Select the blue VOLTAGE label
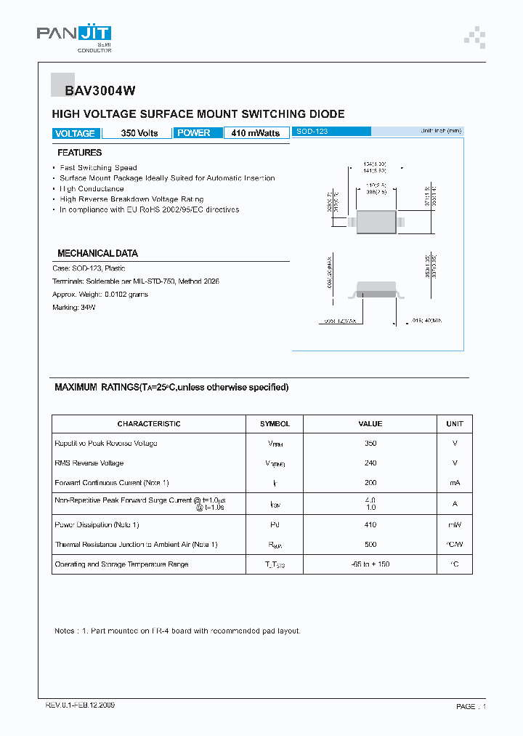pyautogui.click(x=75, y=133)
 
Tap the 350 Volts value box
pyautogui.click(x=139, y=133)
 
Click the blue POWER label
pyautogui.click(x=194, y=133)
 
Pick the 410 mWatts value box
pyautogui.click(x=255, y=133)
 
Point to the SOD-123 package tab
pyautogui.click(x=331, y=132)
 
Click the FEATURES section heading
pyautogui.click(x=79, y=153)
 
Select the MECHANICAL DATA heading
pyautogui.click(x=97, y=254)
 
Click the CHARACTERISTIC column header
pyautogui.click(x=149, y=424)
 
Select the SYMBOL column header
pyautogui.click(x=275, y=424)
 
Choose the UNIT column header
pyautogui.click(x=455, y=424)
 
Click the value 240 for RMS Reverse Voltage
pyautogui.click(x=370, y=463)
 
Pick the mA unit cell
pyautogui.click(x=455, y=483)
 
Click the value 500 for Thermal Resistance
pyautogui.click(x=370, y=545)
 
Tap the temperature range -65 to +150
pyautogui.click(x=370, y=564)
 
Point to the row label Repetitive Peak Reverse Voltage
pyautogui.click(x=106, y=444)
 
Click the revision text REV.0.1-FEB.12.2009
pyautogui.click(x=80, y=705)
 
